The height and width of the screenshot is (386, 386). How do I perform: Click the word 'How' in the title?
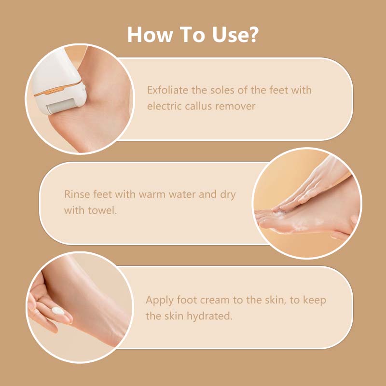(x=150, y=34)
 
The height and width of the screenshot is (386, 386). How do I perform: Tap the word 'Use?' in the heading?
(x=235, y=34)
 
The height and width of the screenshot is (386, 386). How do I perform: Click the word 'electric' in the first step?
(x=164, y=106)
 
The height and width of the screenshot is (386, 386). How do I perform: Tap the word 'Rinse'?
(x=77, y=194)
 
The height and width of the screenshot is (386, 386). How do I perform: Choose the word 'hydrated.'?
(x=209, y=317)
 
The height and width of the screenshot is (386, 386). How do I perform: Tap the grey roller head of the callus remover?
(x=62, y=106)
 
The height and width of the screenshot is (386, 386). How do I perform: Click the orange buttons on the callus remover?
(x=53, y=92)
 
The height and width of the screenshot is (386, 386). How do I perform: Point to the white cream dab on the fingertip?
(x=57, y=311)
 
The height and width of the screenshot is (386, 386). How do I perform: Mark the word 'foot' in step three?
(x=187, y=300)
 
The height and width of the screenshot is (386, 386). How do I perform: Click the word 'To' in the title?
(x=192, y=34)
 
